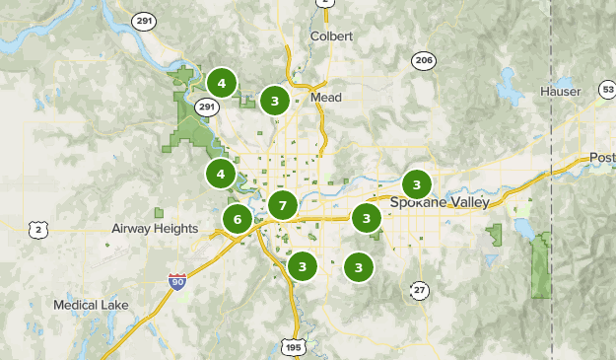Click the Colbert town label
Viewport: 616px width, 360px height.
332,36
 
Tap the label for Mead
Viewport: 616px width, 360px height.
325,98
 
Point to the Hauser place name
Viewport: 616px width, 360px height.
561,92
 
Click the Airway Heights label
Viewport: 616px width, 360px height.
155,229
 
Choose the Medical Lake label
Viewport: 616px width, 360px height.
91,305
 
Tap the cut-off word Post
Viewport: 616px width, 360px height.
602,158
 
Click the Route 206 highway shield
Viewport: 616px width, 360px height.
424,60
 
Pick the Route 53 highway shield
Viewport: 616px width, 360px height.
606,91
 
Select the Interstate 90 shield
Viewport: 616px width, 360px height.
176,283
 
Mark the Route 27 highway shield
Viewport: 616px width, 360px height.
420,289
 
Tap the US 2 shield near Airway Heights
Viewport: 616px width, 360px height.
38,230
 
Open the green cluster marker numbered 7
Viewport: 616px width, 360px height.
283,206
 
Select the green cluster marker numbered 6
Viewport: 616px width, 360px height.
238,219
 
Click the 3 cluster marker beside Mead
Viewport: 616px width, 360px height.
275,100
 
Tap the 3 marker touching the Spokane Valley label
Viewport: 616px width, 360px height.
417,184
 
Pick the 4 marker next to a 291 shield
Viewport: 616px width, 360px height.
222,83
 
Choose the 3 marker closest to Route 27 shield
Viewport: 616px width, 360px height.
359,266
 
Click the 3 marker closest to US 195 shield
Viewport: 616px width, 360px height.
302,266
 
